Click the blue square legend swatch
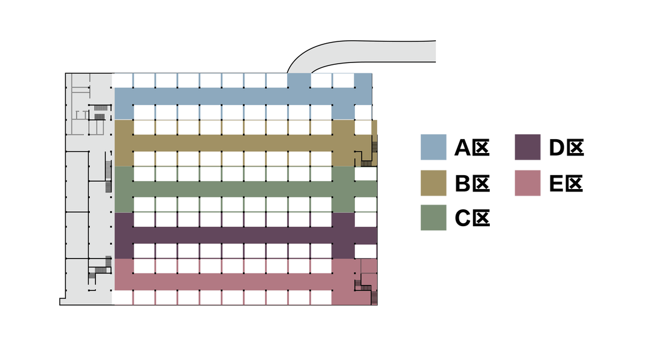click(433, 147)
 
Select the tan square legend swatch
click(433, 183)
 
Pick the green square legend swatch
click(433, 218)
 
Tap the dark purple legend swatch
click(528, 147)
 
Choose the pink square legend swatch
click(528, 183)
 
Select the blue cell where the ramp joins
click(299, 80)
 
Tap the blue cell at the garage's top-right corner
click(363, 80)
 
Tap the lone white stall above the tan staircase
click(363, 127)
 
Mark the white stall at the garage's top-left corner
click(122, 80)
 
